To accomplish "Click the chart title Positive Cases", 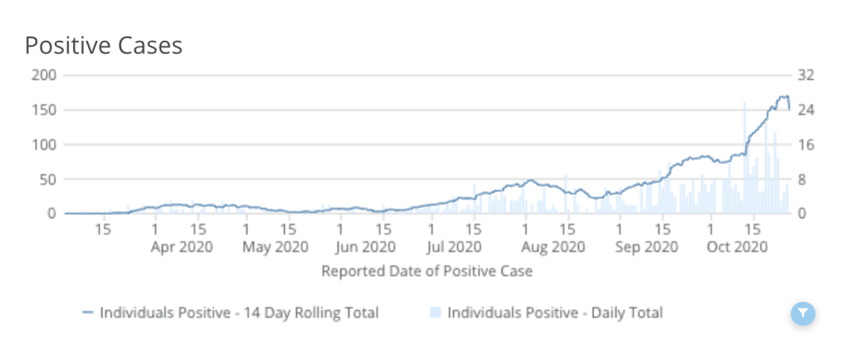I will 103,46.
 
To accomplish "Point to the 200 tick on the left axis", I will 44,75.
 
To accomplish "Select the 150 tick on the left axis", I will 44,110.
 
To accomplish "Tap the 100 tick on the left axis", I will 44,145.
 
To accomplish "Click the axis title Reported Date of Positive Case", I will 426,271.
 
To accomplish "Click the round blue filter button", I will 803,313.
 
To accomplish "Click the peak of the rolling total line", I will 783,96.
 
